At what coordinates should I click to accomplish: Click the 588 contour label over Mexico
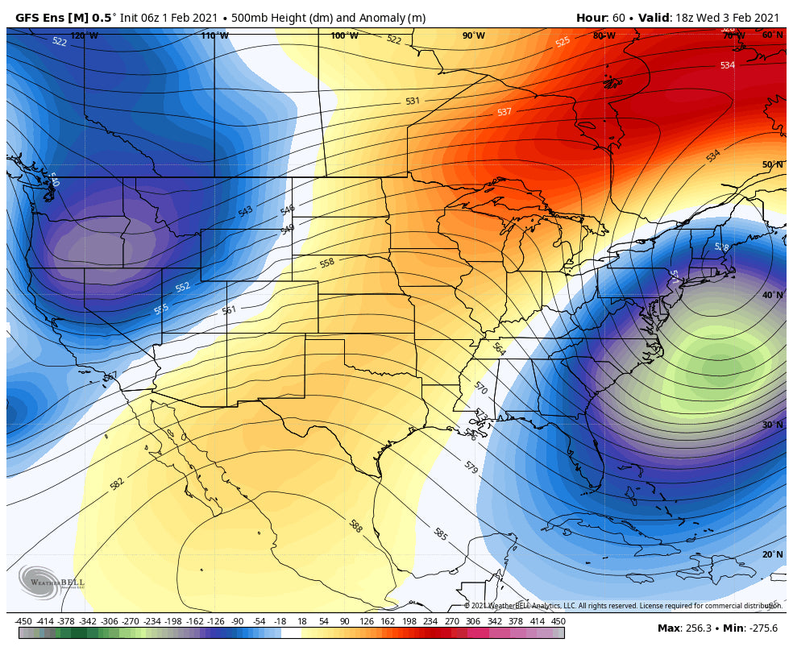[x=355, y=526]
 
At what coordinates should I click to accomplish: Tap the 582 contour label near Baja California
[x=117, y=483]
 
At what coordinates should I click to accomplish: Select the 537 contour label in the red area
[x=504, y=112]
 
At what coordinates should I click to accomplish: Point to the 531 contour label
[x=412, y=102]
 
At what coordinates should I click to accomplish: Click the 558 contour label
[x=326, y=263]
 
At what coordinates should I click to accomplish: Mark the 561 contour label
[x=229, y=310]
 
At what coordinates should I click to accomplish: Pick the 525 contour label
[x=563, y=42]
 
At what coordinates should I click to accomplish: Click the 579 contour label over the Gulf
[x=471, y=466]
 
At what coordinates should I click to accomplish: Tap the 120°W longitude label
[x=84, y=35]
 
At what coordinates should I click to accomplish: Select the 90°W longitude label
[x=473, y=35]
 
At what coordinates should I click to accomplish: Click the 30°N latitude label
[x=772, y=425]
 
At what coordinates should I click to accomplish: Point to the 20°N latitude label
[x=772, y=554]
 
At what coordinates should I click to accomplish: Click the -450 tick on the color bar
[x=24, y=621]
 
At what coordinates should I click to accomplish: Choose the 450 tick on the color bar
[x=558, y=621]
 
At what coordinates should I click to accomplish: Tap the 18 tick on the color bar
[x=302, y=621]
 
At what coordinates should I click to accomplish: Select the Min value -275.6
[x=762, y=628]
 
